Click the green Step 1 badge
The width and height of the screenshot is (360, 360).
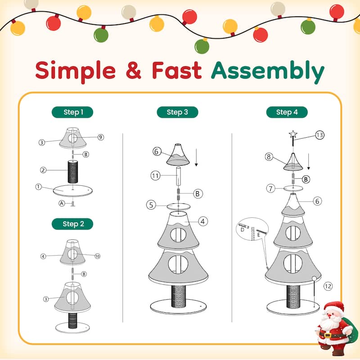(x=72, y=112)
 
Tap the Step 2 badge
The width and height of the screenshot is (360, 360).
(x=72, y=224)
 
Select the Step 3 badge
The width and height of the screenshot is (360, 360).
(x=177, y=112)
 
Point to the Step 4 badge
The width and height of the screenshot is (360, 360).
(x=287, y=112)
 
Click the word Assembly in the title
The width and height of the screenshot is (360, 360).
(x=268, y=71)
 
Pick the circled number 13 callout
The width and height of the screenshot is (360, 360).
(x=320, y=135)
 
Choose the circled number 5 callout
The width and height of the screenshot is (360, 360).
(x=152, y=205)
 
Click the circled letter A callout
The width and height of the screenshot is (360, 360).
(x=61, y=203)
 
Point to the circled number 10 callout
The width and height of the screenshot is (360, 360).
(x=97, y=256)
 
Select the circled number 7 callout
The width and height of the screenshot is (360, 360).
(x=270, y=188)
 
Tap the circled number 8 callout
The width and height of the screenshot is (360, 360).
(x=269, y=157)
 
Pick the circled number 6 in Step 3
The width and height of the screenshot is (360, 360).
(x=157, y=152)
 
